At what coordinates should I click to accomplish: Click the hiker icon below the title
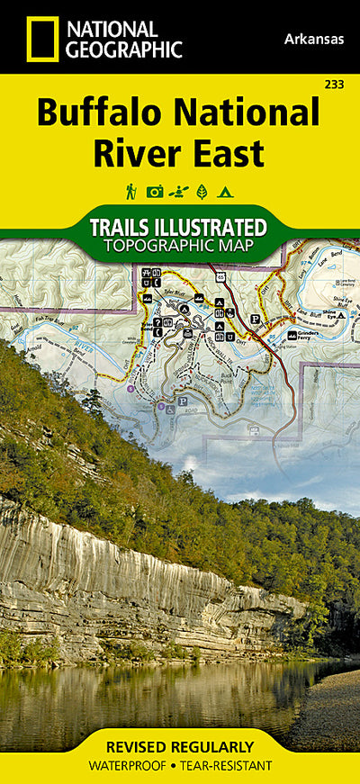click(130, 191)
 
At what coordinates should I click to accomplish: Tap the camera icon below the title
click(155, 191)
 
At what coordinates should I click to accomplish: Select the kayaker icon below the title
click(179, 191)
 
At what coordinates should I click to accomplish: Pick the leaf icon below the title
click(202, 191)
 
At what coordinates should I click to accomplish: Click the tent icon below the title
click(226, 191)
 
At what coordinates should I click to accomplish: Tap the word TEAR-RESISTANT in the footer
click(227, 765)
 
